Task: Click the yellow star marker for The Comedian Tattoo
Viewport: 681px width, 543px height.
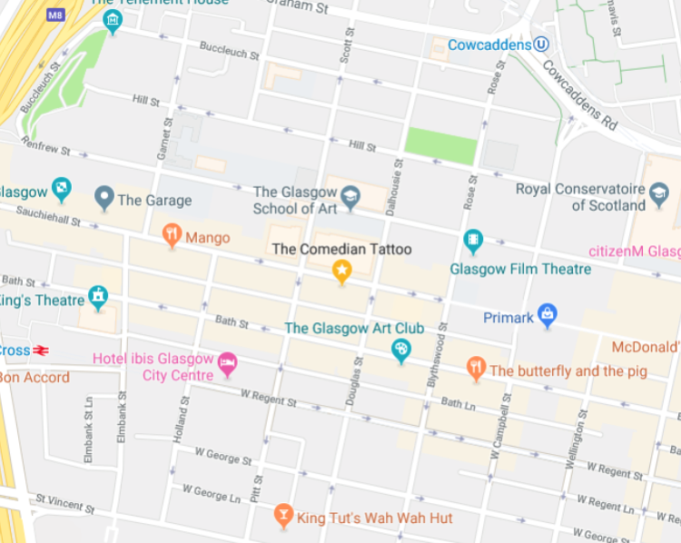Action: coord(341,270)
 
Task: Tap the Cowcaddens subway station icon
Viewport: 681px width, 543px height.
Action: coord(541,44)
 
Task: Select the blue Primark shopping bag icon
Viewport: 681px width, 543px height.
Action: coord(547,315)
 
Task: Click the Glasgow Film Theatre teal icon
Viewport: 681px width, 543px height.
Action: coord(472,241)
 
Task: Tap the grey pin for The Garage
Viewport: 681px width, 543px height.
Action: coord(104,197)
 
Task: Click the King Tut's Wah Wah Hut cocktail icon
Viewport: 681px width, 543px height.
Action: coord(283,516)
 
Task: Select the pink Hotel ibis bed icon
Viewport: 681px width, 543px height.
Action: coord(227,363)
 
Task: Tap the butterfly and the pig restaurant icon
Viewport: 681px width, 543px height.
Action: coord(476,368)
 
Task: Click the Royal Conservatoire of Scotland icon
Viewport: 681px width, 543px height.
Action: coord(659,193)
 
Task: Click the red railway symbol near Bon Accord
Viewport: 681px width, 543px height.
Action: coord(41,350)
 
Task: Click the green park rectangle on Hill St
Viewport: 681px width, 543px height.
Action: coord(440,145)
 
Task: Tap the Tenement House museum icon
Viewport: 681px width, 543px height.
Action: coord(113,21)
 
